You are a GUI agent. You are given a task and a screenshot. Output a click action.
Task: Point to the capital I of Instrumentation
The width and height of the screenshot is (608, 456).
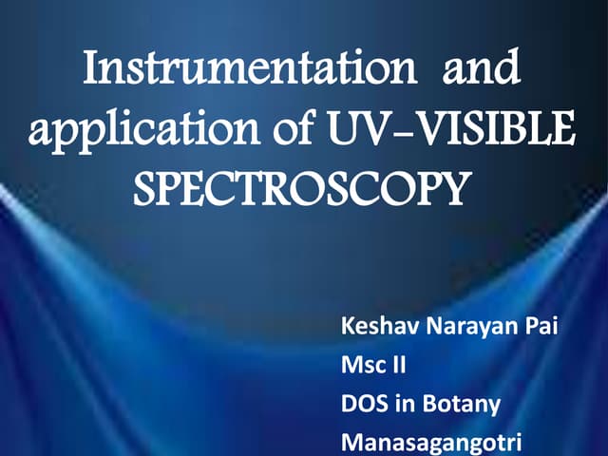pyautogui.click(x=91, y=72)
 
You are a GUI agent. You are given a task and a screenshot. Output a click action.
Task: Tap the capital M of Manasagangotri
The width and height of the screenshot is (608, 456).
pyautogui.click(x=351, y=441)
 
